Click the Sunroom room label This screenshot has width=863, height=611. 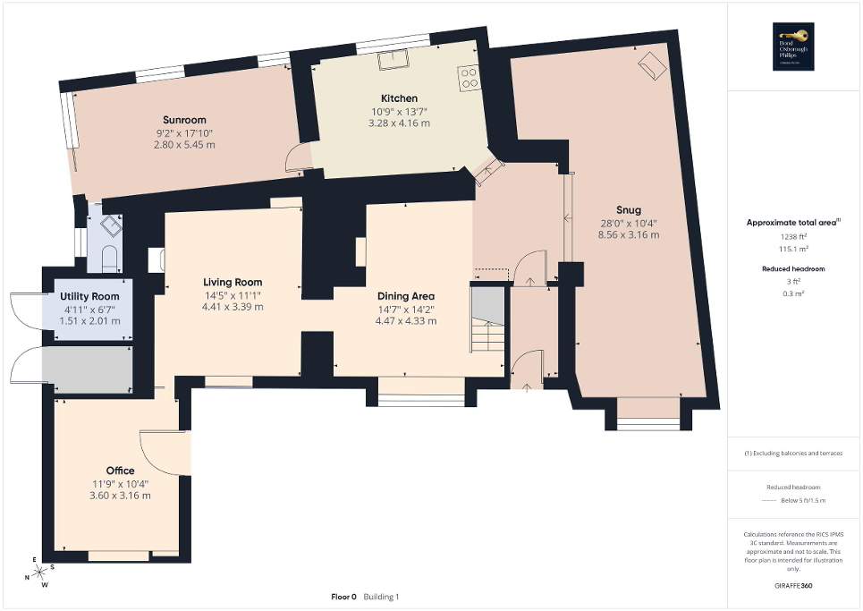[x=184, y=120]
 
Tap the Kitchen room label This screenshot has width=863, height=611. [x=399, y=98]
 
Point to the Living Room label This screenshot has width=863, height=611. [x=231, y=283]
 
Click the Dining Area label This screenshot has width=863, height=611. [x=405, y=296]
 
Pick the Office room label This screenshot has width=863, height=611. [x=120, y=471]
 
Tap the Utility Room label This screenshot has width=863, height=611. [x=89, y=297]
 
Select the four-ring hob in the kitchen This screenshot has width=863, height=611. [x=469, y=78]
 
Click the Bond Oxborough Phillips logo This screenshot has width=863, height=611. [x=794, y=47]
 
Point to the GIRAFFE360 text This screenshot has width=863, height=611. [x=793, y=586]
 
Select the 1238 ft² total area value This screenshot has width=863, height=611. [x=793, y=236]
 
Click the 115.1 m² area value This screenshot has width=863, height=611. [x=793, y=248]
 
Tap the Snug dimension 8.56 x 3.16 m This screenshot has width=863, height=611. [x=630, y=235]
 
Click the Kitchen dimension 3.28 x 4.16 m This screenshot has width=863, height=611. [x=399, y=123]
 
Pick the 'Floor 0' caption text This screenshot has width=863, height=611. [x=344, y=597]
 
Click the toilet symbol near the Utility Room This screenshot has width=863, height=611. [x=109, y=258]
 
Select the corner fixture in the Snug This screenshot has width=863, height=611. [x=650, y=64]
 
